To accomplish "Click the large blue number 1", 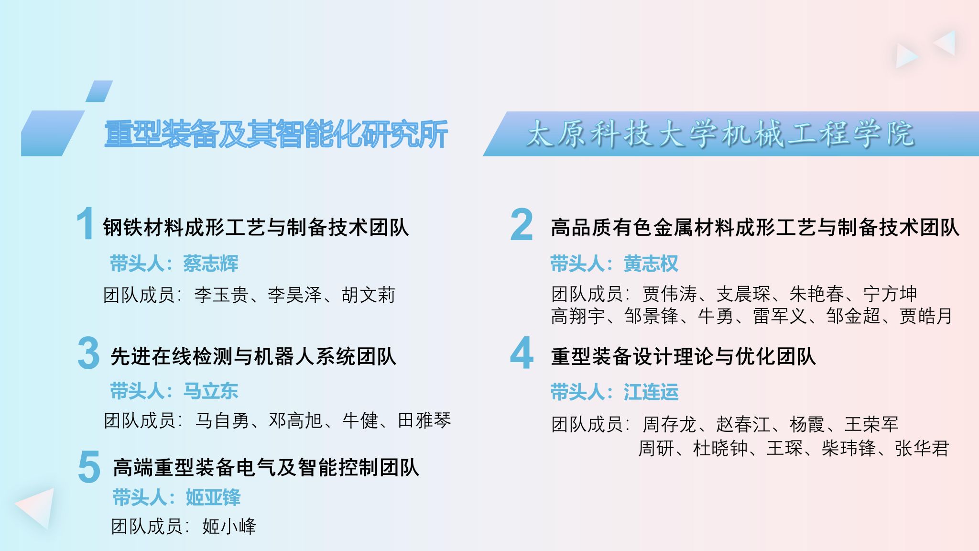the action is pyautogui.click(x=85, y=223).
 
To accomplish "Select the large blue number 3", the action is pyautogui.click(x=88, y=353).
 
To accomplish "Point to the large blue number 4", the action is pyautogui.click(x=522, y=353).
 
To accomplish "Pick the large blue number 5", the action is pyautogui.click(x=89, y=466).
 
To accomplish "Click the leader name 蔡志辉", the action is pyautogui.click(x=210, y=264).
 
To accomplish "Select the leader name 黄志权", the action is pyautogui.click(x=651, y=264).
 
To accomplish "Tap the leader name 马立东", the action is pyautogui.click(x=210, y=391).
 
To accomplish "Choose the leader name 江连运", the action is pyautogui.click(x=651, y=392).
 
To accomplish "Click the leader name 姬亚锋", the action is pyautogui.click(x=213, y=497).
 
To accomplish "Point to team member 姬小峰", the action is pyautogui.click(x=229, y=527).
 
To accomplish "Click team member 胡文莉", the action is pyautogui.click(x=369, y=295).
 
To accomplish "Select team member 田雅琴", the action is pyautogui.click(x=424, y=421).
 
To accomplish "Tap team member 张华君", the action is pyautogui.click(x=922, y=449).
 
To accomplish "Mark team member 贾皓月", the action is pyautogui.click(x=926, y=316).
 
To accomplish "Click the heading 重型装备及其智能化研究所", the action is pyautogui.click(x=276, y=134).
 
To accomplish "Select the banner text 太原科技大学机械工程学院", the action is pyautogui.click(x=720, y=133).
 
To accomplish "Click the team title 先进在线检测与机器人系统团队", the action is pyautogui.click(x=253, y=357).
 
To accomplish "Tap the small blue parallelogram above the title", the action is pyautogui.click(x=99, y=91).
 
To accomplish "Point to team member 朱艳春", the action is pyautogui.click(x=817, y=294).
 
